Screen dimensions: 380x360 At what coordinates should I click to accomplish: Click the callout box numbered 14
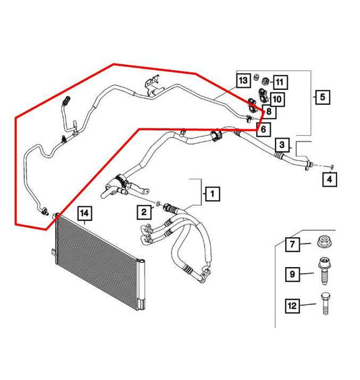coord(84,214)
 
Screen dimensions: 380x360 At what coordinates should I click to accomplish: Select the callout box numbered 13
coord(244,81)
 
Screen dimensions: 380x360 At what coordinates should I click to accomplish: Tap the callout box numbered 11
coord(280,82)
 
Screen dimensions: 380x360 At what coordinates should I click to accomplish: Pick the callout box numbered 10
coord(277,99)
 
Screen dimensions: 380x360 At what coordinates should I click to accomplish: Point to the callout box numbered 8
coord(269,112)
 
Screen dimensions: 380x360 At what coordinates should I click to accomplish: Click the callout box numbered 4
coord(329,179)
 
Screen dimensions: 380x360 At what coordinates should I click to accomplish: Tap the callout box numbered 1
coord(211,194)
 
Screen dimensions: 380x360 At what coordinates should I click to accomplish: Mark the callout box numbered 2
coord(144,212)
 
